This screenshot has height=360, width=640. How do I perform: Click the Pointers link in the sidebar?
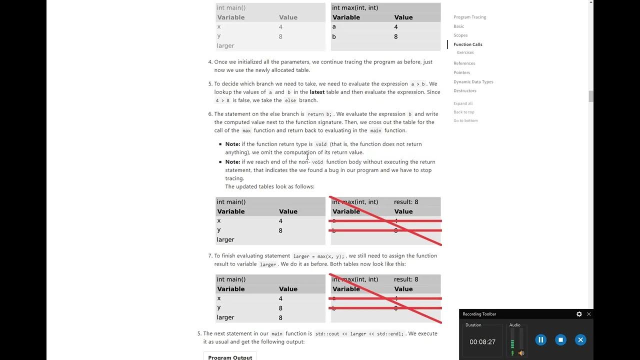[x=461, y=72]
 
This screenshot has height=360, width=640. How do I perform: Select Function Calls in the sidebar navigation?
[x=467, y=44]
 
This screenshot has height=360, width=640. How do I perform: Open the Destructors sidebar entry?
[x=464, y=90]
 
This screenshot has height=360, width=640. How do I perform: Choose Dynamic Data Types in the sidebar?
[x=473, y=81]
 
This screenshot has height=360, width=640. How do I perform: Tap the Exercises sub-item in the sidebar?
[x=465, y=52]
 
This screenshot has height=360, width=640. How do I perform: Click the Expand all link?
[x=462, y=103]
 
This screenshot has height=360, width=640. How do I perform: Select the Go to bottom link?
[x=465, y=120]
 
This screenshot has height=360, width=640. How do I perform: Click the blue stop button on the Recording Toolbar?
[x=560, y=340]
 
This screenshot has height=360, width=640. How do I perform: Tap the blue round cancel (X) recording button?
[x=580, y=340]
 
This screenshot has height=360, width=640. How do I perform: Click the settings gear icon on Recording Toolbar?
[x=579, y=314]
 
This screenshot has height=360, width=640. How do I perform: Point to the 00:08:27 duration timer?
[x=482, y=342]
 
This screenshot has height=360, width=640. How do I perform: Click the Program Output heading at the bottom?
[x=230, y=357]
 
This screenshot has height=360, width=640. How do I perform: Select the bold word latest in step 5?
[x=317, y=92]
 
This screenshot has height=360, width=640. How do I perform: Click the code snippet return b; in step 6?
[x=319, y=114]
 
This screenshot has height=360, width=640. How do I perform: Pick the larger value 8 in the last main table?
[x=280, y=317]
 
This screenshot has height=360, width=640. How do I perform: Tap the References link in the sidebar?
[x=464, y=63]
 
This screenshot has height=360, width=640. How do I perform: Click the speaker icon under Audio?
[x=521, y=353]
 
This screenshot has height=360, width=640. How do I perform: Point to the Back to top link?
[x=463, y=112]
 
